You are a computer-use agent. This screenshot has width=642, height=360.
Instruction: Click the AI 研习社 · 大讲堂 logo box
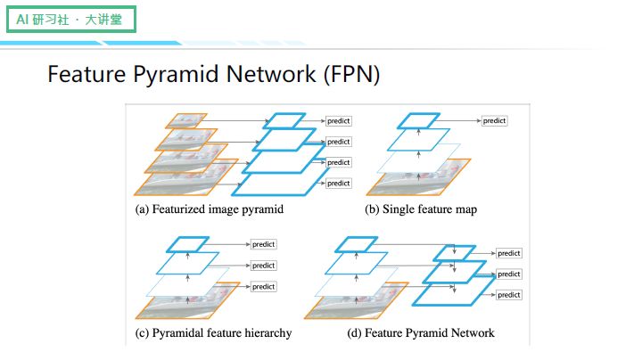point(70,19)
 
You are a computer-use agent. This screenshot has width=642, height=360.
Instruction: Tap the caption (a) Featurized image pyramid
point(209,209)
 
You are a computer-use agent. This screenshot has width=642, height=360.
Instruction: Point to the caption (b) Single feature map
point(421,209)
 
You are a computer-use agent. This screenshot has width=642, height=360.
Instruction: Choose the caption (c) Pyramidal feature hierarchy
point(213,333)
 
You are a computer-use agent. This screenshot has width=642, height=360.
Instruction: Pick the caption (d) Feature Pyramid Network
point(421,333)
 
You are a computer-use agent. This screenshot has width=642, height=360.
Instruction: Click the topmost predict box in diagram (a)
point(339,120)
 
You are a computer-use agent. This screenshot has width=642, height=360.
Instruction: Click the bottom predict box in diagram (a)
point(339,183)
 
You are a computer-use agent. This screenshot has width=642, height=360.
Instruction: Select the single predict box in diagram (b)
point(494,120)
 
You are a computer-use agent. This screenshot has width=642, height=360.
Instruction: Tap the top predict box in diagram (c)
point(263,243)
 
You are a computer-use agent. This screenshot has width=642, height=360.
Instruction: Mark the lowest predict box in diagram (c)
point(263,286)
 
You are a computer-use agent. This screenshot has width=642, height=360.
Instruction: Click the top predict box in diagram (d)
point(508,253)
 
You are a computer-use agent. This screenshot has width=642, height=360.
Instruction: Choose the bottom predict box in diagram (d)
point(508,295)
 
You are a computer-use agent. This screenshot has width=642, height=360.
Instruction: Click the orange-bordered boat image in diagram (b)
point(418,177)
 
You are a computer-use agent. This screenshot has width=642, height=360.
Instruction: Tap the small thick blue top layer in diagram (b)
point(418,119)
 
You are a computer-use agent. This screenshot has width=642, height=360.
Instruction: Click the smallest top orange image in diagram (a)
point(185,121)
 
